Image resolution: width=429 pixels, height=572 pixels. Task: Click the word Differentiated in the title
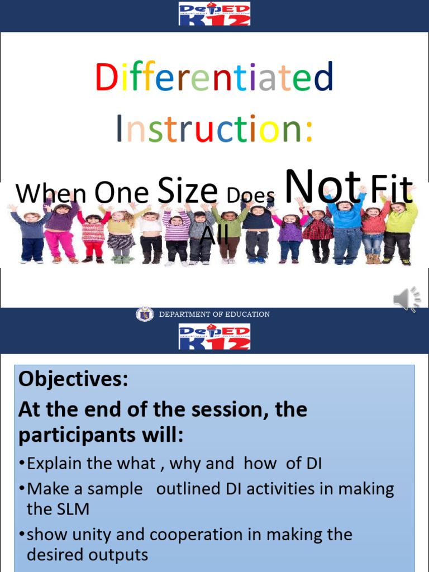pyautogui.click(x=214, y=78)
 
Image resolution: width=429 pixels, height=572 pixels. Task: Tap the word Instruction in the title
pyautogui.click(x=214, y=129)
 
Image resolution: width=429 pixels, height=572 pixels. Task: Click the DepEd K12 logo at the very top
pyautogui.click(x=214, y=13)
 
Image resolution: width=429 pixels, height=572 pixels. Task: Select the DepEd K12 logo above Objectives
pyautogui.click(x=214, y=337)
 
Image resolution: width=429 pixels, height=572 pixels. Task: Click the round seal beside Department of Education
pyautogui.click(x=144, y=314)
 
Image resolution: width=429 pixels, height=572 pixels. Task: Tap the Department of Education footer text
pyautogui.click(x=214, y=314)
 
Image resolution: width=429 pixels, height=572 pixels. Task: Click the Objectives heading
pyautogui.click(x=73, y=380)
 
